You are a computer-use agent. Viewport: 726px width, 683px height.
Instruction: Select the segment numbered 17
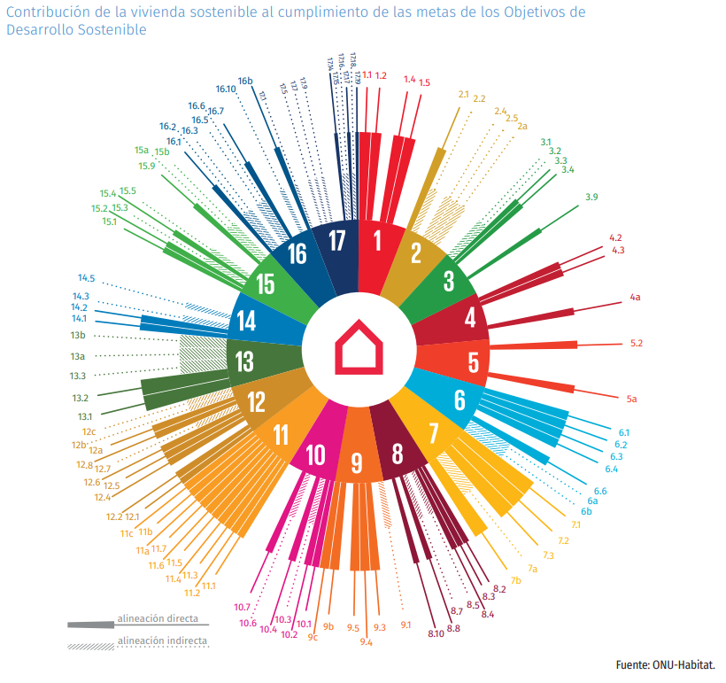pos(336,240)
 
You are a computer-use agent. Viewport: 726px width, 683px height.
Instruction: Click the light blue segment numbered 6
pos(460,400)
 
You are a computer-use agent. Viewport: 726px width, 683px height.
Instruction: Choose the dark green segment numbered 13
pos(245,361)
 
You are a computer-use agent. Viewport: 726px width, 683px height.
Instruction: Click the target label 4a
pos(635,298)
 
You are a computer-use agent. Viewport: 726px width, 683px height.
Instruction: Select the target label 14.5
pos(86,278)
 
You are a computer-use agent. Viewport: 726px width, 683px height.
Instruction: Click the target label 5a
pos(631,400)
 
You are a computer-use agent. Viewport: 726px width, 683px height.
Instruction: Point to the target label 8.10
pos(435,634)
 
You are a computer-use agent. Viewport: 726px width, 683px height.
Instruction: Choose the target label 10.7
pos(243,607)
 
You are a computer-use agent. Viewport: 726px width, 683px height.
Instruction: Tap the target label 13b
pos(78,337)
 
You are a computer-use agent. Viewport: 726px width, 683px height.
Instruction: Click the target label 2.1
pos(463,94)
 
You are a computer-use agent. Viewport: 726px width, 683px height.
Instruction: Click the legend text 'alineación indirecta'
pos(162,640)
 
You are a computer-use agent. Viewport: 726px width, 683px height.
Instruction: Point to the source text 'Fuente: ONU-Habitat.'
pos(665,664)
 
